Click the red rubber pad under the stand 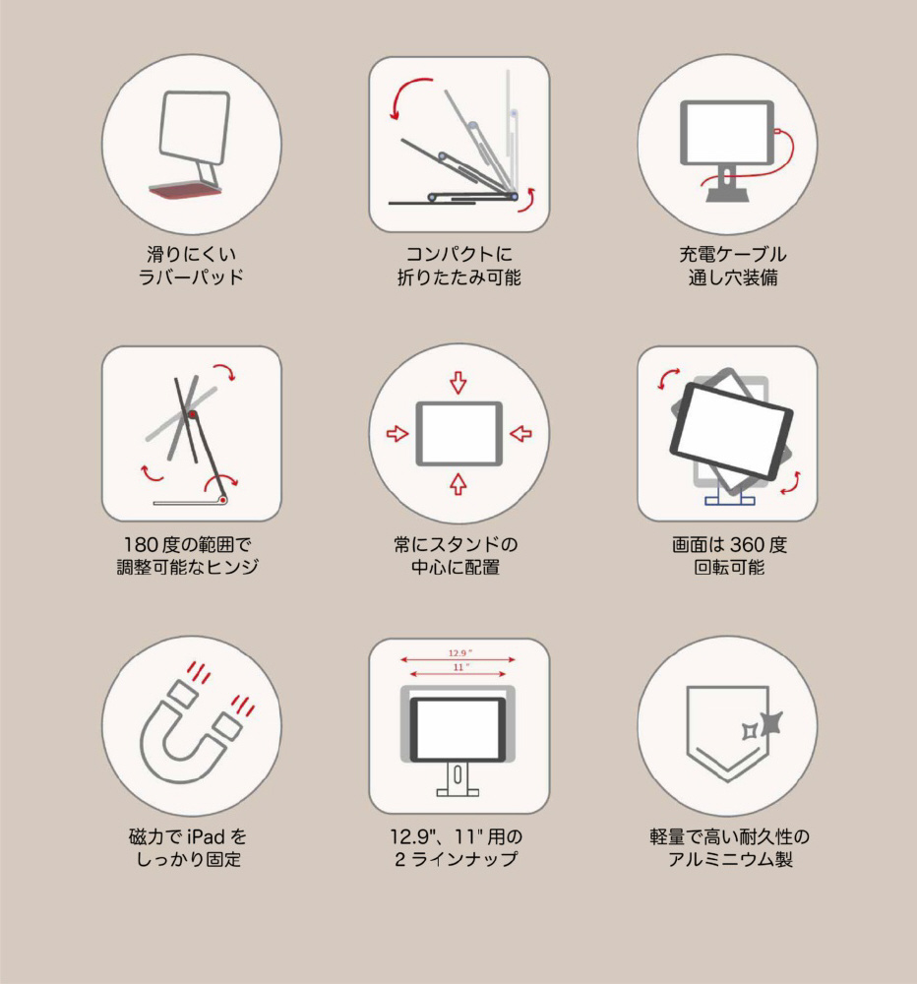[x=186, y=190]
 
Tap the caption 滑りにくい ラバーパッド [x=191, y=266]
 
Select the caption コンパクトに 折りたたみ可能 [x=458, y=266]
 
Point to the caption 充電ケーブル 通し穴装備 [x=732, y=266]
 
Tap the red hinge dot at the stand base [x=222, y=500]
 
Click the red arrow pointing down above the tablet [x=458, y=382]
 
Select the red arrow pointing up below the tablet [x=458, y=484]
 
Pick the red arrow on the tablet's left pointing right [x=397, y=434]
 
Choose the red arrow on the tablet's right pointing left [x=520, y=434]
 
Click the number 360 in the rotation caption [x=748, y=545]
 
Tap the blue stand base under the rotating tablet [x=729, y=499]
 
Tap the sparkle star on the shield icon [x=770, y=723]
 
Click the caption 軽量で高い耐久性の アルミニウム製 [x=729, y=848]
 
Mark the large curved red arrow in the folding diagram [x=401, y=91]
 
